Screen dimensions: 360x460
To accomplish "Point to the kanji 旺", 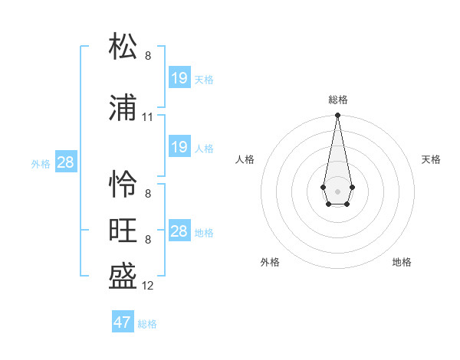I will coord(123,231).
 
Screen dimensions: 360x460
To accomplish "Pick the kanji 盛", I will coord(123,275).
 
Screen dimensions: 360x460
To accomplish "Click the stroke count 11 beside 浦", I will coord(148,117).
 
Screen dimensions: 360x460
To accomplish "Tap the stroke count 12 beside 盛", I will coord(148,286).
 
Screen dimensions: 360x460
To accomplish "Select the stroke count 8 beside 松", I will coord(148,56).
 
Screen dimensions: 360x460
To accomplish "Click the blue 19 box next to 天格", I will coord(179,78).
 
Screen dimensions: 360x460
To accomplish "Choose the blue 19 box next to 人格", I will coord(179,147).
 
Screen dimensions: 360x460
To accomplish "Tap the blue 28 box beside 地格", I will coord(179,231).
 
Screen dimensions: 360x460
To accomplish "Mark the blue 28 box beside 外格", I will coord(66,162).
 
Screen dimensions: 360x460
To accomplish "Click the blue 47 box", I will coord(123,322).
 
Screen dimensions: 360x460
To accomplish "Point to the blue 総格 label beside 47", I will coord(147,324).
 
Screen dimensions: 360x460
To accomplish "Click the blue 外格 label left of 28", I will coord(41,163).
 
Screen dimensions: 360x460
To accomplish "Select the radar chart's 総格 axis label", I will coord(337,100).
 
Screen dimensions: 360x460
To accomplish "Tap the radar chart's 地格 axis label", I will coord(402,262).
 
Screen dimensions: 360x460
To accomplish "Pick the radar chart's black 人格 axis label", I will coord(245,159).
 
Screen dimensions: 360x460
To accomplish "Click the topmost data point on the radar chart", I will coord(337,116).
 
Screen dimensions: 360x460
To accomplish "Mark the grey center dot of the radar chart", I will coord(337,190).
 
